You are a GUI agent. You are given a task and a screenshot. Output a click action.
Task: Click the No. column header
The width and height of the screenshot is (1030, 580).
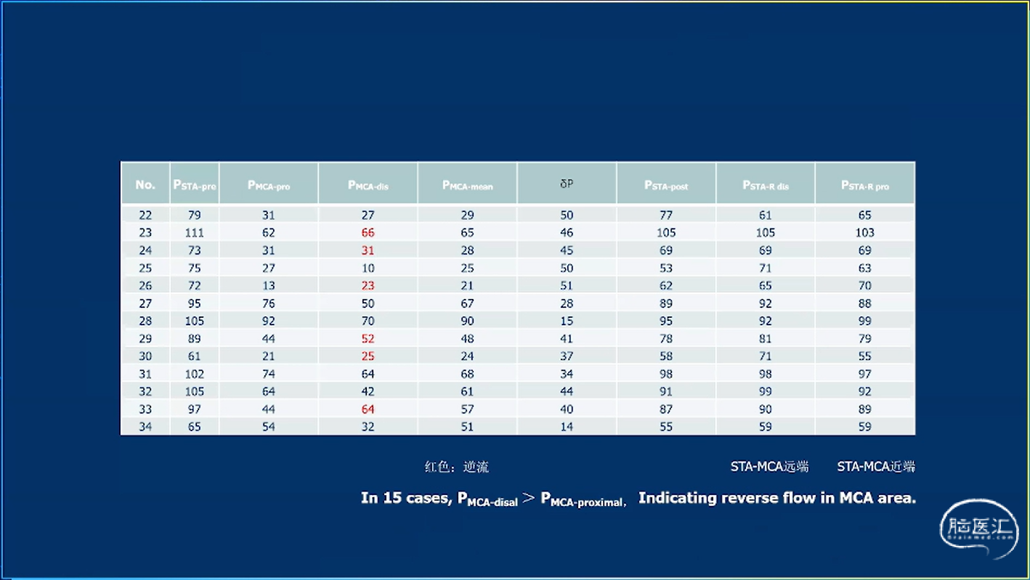coord(145,184)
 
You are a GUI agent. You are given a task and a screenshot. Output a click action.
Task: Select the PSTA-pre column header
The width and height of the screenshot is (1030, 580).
coord(194,185)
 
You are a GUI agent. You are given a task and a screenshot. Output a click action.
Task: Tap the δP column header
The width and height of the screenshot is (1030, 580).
coord(567,184)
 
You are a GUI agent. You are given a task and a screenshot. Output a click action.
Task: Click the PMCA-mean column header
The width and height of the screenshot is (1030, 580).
coord(467,185)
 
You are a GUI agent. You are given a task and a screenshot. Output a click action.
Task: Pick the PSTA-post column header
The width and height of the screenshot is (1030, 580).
coord(666,185)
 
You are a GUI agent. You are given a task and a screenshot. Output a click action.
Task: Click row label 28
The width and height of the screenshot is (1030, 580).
coord(145,321)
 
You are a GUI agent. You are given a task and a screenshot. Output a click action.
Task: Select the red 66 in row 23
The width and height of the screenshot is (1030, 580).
coord(368,233)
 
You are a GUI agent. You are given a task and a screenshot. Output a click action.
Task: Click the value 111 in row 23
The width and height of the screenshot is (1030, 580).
coord(194,233)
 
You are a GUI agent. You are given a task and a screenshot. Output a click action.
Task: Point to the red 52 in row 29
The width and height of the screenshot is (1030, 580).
coord(368,339)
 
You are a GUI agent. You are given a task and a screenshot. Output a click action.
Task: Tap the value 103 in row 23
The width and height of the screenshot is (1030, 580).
coord(864,233)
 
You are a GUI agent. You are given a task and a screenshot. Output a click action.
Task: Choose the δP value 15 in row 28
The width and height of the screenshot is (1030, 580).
coord(567,321)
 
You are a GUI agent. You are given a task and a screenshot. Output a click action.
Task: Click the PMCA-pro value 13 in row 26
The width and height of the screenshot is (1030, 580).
coord(269,286)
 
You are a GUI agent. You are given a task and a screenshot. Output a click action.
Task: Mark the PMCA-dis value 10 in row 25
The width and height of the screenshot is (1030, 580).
coord(368,268)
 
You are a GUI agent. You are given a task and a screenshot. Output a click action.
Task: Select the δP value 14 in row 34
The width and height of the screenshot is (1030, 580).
coord(567,427)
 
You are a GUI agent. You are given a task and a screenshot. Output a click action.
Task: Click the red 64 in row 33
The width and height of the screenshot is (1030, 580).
coord(368,409)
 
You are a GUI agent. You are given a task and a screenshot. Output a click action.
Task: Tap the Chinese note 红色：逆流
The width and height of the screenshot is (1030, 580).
coord(457,467)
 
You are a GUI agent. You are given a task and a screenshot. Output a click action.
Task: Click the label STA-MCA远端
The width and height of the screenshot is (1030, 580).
coord(769,467)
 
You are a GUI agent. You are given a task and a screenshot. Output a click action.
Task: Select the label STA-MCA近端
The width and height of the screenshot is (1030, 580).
coord(876,467)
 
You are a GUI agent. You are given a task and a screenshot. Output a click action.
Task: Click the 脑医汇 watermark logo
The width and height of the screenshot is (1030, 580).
coord(978,528)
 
